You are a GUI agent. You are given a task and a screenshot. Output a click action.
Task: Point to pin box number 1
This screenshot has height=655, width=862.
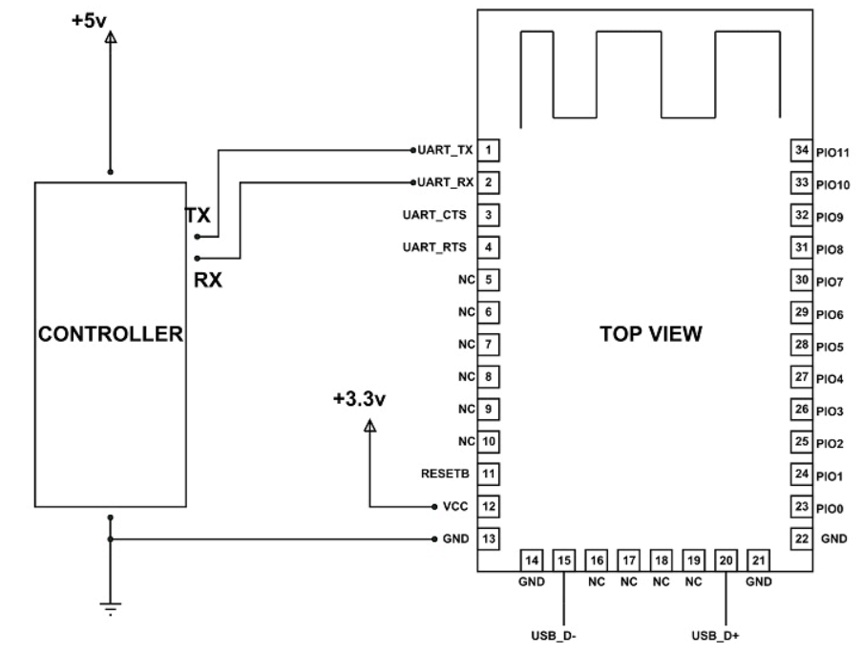tap(488, 150)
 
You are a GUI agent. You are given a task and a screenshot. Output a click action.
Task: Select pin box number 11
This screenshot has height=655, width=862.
tap(488, 473)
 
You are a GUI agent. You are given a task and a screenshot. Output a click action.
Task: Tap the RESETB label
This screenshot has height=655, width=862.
tap(445, 473)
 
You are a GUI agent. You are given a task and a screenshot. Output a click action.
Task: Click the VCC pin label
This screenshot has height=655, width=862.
tap(454, 506)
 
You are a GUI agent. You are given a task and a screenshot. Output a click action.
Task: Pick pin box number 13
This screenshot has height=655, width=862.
tap(488, 539)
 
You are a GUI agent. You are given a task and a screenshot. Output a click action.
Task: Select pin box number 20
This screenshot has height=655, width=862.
tap(726, 560)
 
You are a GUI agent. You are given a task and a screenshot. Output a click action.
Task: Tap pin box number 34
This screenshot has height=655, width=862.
tap(801, 150)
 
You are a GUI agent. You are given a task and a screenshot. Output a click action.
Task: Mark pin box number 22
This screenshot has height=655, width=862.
tap(801, 539)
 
